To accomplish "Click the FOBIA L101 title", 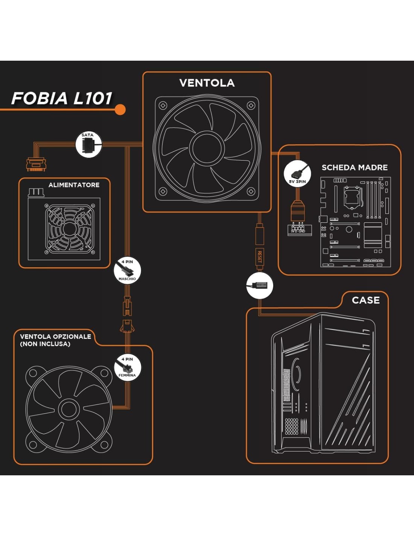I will coord(62,98).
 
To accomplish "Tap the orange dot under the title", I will coord(120,110).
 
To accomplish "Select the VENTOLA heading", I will coord(207,83).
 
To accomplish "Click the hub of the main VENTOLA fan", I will coord(207,148).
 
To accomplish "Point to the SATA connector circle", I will coord(88,144).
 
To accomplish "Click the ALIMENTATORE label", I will coord(74,185).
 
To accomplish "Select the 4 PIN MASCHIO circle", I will coord(127,270).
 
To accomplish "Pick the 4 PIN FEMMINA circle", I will coord(127,367).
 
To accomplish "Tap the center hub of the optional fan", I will coord(69,409).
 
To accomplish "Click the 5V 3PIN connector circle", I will coord(297,173).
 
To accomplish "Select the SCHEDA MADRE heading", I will coord(355,168).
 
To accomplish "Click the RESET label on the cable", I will coord(260,257).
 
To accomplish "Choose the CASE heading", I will coord(365,300).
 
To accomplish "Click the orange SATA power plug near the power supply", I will coord(36,164).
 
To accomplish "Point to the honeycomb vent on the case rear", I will coord(291,426).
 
